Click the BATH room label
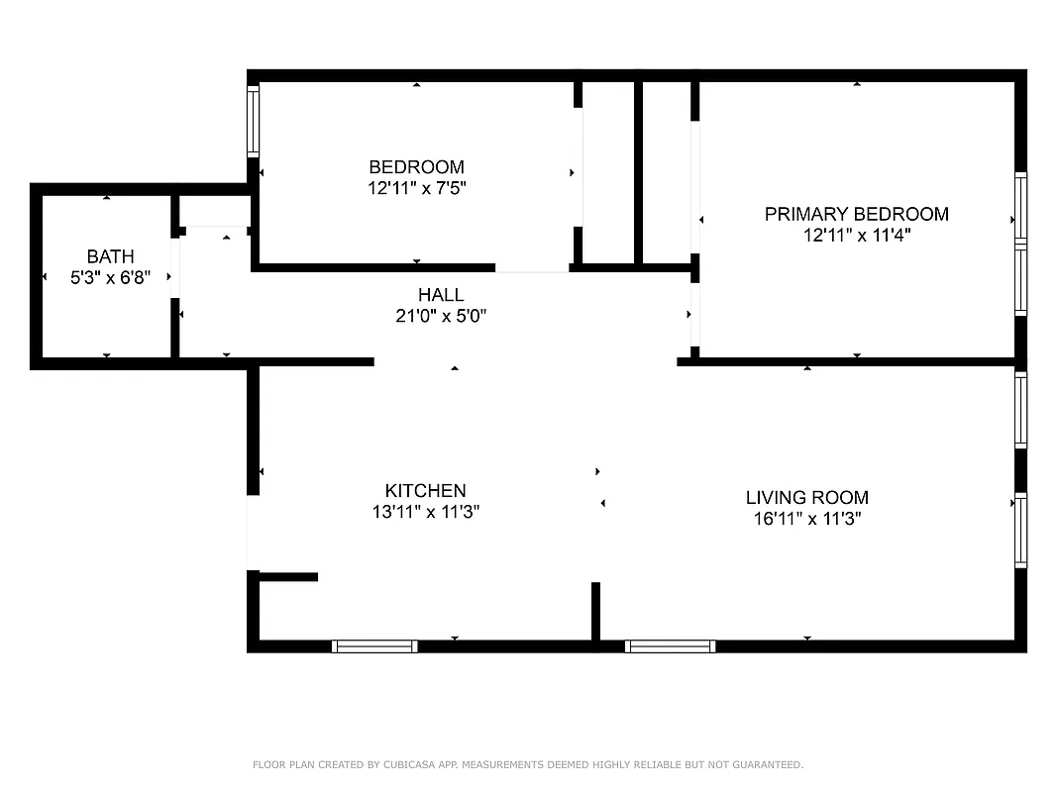[x=110, y=257]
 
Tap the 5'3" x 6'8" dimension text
[x=110, y=279]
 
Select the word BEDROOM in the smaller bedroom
[x=416, y=167]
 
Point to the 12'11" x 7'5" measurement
[x=416, y=188]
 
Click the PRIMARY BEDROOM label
[x=856, y=214]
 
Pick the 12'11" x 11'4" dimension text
[x=856, y=236]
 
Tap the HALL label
[x=440, y=295]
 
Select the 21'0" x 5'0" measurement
[x=440, y=317]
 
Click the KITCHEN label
[x=425, y=491]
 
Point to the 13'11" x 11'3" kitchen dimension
[x=425, y=513]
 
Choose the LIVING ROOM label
[x=806, y=498]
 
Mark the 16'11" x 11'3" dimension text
[x=806, y=520]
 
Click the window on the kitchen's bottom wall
[x=374, y=646]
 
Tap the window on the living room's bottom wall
[x=670, y=646]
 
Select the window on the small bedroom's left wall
[x=253, y=121]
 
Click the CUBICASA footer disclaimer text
[x=528, y=764]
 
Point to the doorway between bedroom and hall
[x=532, y=268]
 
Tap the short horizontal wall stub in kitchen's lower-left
[x=288, y=576]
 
